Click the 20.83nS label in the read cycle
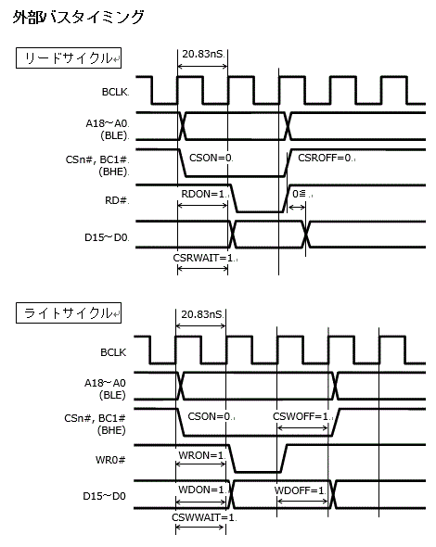(201, 57)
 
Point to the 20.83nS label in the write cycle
(201, 314)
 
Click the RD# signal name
(117, 199)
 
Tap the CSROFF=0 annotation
(326, 159)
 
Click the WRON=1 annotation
(199, 455)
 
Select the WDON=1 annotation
(201, 489)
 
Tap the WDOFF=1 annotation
(300, 489)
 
